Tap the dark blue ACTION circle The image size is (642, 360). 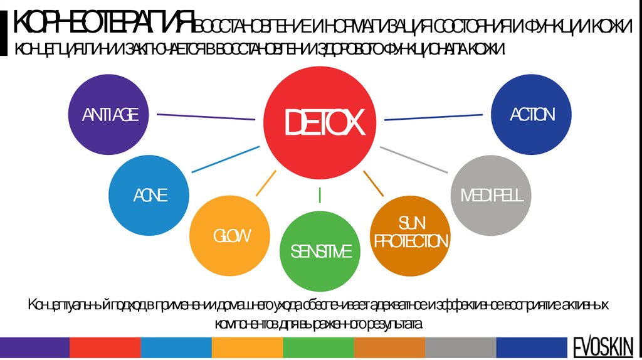click(532, 114)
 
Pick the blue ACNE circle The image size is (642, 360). click(149, 196)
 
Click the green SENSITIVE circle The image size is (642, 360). click(320, 251)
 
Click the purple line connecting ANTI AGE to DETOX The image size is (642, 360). click(206, 116)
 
